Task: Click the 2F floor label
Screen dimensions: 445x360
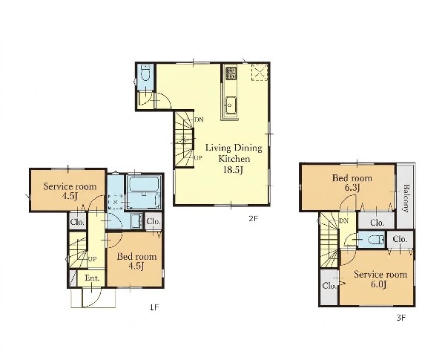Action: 253,218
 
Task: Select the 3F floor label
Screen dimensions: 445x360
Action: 401,318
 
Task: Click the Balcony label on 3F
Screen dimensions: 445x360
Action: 406,199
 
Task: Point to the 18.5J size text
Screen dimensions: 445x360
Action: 234,170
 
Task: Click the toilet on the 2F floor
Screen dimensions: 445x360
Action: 145,73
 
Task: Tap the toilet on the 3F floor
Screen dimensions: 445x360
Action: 377,240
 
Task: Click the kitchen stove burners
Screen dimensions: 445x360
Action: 231,73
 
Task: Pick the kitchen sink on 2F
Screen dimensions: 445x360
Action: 230,105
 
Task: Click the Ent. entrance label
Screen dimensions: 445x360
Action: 92,278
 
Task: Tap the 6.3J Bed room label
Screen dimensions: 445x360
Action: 352,183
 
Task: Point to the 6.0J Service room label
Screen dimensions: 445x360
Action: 380,279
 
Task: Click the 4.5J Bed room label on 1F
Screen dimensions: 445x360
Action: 136,261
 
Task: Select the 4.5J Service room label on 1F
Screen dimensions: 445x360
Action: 70,191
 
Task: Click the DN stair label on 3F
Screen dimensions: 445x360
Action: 343,220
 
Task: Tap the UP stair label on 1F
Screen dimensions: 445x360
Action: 92,259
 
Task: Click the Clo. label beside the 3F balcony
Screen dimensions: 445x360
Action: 378,222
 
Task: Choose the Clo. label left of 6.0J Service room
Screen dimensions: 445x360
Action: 329,286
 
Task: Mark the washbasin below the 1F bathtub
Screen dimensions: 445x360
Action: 136,220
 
